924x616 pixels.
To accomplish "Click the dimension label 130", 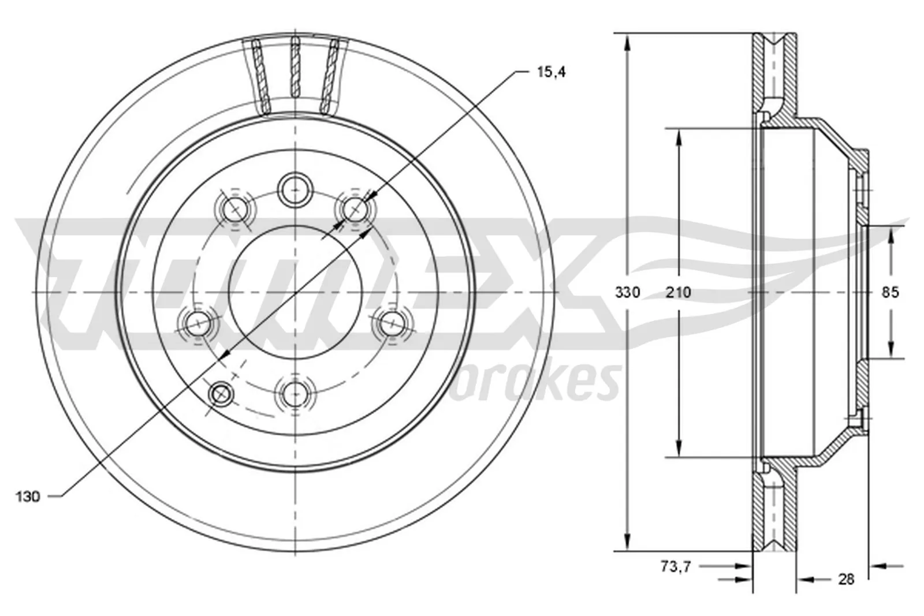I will [x=27, y=496].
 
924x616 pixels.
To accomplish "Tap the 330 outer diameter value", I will [x=627, y=293].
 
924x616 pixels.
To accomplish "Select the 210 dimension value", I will [x=678, y=293].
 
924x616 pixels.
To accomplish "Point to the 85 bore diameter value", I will [x=891, y=293].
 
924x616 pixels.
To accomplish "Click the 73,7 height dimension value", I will [x=676, y=567].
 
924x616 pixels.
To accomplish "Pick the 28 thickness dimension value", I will [x=846, y=579].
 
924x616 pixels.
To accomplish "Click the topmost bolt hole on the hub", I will [x=295, y=188].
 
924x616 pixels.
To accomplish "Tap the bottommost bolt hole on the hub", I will [x=295, y=394].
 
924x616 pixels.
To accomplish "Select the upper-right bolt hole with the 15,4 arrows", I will [x=353, y=209].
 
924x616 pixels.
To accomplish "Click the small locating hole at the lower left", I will [x=221, y=394].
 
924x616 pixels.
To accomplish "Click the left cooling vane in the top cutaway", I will [x=261, y=75].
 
